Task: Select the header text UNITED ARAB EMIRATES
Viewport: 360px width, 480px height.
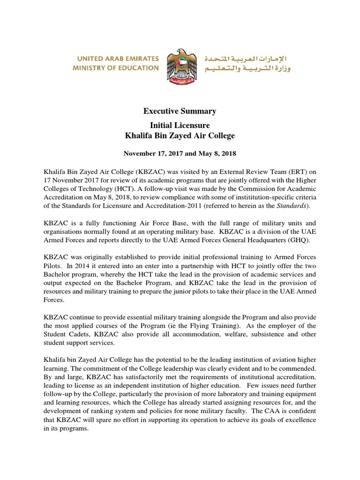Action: pos(115,59)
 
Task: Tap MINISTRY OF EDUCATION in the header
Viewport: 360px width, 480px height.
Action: pos(115,68)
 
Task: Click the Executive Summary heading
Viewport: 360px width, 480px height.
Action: pos(180,111)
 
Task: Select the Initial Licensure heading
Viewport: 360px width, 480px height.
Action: pos(180,126)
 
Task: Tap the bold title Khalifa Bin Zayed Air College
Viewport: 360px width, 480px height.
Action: pos(180,136)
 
